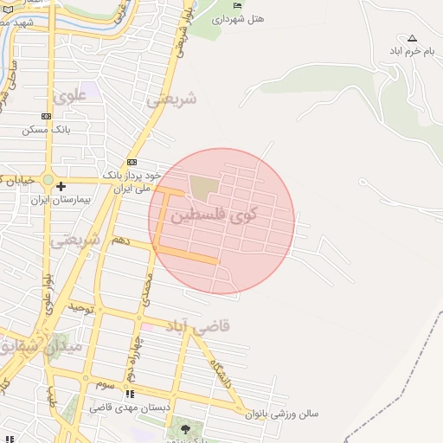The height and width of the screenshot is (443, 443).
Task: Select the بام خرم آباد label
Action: point(412,51)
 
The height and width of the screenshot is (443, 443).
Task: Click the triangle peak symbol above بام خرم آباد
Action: point(412,38)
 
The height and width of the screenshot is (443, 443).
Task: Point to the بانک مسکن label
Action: point(47,129)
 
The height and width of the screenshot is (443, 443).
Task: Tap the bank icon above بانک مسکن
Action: point(46,116)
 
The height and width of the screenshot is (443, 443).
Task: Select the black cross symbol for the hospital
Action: point(61,186)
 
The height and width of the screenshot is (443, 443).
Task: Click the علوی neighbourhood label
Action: point(70,97)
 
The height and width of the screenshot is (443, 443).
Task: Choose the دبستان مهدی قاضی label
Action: point(130,407)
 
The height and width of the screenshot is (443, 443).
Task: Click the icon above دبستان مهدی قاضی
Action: point(130,394)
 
